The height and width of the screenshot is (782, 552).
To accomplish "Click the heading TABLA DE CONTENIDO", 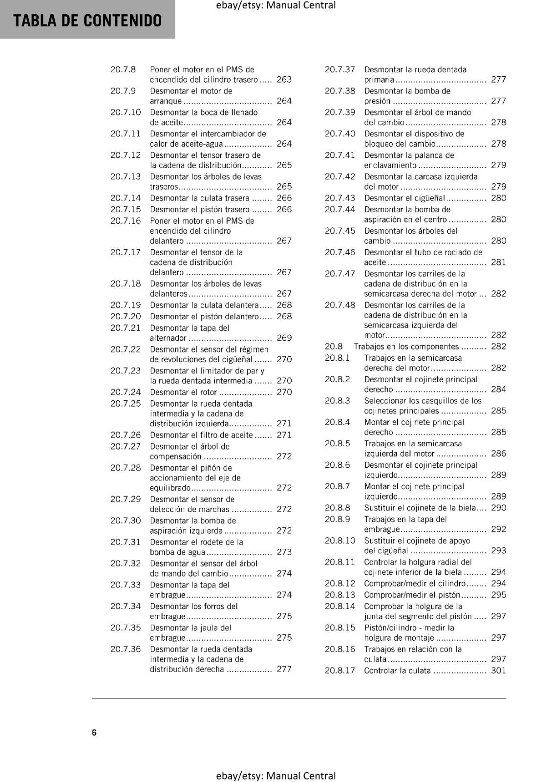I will coord(87,21).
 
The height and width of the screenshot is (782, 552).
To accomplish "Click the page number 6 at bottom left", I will coord(94,732).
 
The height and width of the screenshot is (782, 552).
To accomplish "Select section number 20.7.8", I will coord(123,69).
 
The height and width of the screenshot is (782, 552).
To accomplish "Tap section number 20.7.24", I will coord(126,392).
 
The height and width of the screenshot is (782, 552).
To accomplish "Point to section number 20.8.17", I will coord(340,671).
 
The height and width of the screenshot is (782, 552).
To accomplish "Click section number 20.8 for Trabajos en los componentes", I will coord(334,347).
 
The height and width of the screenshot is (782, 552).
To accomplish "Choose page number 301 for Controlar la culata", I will coord(498,671).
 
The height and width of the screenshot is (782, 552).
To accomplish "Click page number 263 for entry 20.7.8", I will coord(284,80).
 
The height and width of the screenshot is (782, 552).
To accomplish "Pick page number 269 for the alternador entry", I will coord(284,338).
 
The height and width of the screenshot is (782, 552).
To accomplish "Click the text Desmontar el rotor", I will coord(183,392).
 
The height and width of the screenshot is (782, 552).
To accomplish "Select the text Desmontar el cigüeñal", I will coord(404,198).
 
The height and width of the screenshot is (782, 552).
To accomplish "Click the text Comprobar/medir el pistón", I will coord(412,595).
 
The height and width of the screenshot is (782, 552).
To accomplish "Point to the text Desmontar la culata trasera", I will coord(199,198).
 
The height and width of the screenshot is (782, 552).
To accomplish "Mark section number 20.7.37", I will coord(340,69).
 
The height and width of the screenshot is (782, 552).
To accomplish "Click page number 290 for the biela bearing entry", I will coord(498,508).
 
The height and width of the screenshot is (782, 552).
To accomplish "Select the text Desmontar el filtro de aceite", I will coord(201,435).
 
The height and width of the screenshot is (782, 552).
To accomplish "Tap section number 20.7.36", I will coord(126,649).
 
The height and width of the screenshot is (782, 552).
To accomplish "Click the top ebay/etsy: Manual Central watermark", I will coord(276,5).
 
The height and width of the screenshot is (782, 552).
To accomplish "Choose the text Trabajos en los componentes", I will coord(406,347).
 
